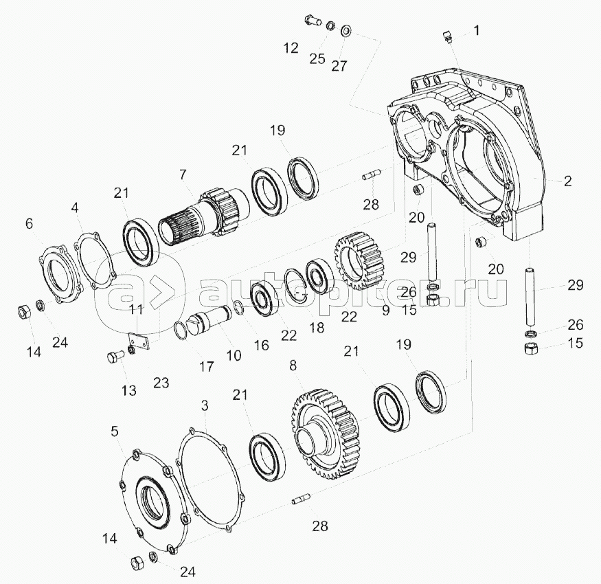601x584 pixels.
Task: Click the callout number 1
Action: (x=477, y=30)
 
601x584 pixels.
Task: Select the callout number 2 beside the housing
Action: (x=567, y=181)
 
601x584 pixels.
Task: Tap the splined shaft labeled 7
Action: (x=203, y=218)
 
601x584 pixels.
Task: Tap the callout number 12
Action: (x=291, y=48)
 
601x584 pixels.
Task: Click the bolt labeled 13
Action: (x=114, y=358)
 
